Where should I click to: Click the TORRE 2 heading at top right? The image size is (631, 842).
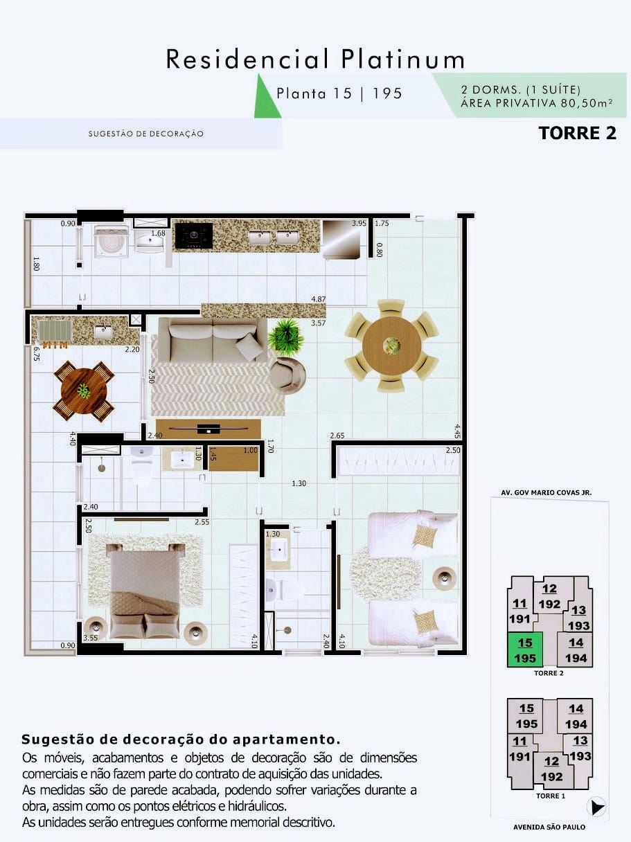[577, 133]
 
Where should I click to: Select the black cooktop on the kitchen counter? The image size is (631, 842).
[194, 235]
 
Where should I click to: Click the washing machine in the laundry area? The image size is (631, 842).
[112, 240]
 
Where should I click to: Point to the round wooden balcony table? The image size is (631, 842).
[84, 391]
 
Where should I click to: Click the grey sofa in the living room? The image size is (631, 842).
[213, 339]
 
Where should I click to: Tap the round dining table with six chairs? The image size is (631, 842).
[391, 346]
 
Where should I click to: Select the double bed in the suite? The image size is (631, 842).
[145, 591]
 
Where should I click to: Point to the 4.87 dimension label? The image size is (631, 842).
[319, 299]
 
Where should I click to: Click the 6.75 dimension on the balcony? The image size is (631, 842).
[37, 354]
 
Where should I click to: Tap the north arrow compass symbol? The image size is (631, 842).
[596, 807]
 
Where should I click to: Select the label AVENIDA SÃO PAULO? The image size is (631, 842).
[549, 827]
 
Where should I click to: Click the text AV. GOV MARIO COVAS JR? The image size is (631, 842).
[546, 492]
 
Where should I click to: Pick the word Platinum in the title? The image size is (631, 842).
[403, 60]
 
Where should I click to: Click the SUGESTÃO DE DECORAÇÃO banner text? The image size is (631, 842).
[145, 134]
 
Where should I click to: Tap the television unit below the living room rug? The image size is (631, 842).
[208, 429]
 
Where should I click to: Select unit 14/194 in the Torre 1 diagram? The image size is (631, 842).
[576, 716]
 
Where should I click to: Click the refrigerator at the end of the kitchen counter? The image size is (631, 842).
[341, 239]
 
